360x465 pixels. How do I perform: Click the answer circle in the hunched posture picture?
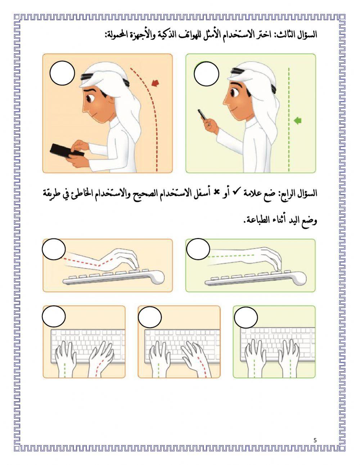tap(62, 73)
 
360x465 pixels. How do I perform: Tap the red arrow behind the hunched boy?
tap(155, 84)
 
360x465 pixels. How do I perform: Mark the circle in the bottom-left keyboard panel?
tap(54, 317)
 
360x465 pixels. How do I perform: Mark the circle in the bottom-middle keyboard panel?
tap(150, 317)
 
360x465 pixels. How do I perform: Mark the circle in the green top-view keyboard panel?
tap(246, 317)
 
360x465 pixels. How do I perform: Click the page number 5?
tap(315, 440)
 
